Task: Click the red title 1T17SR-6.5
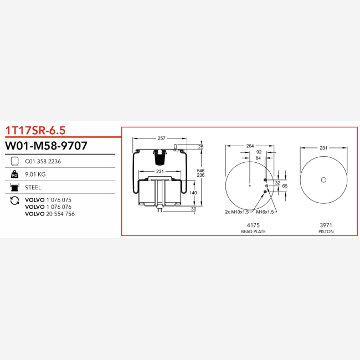35,130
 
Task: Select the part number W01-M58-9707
46,146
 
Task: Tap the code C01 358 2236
43,161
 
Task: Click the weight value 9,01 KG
35,174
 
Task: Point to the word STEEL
33,188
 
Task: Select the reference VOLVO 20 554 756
50,214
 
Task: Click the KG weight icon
14,174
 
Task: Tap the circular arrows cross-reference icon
15,200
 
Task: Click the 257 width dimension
161,138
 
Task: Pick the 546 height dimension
200,171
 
